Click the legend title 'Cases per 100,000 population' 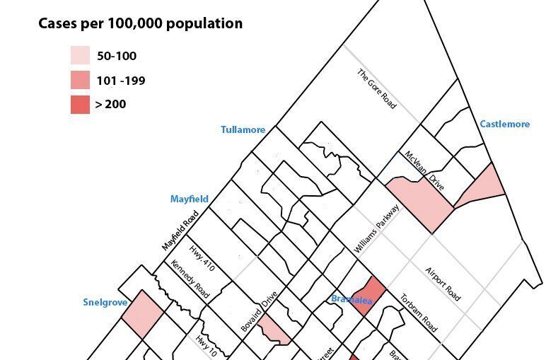click(x=140, y=23)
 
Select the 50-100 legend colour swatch click(x=80, y=56)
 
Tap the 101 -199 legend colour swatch click(x=80, y=80)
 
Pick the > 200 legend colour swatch click(x=80, y=104)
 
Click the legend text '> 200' click(x=110, y=104)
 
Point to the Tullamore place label click(x=243, y=129)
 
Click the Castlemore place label click(x=504, y=124)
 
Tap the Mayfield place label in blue click(x=189, y=199)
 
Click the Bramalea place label click(x=352, y=299)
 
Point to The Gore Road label click(x=376, y=88)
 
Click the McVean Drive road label click(x=424, y=170)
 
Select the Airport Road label click(x=443, y=284)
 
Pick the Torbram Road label click(x=419, y=313)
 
